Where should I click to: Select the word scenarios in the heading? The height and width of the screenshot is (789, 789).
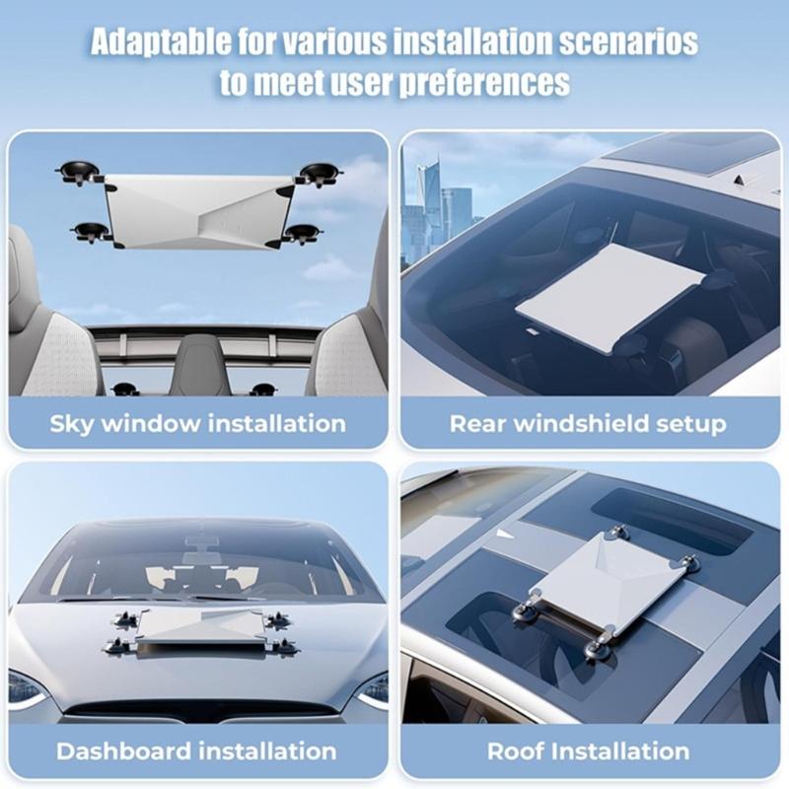[x=621, y=41]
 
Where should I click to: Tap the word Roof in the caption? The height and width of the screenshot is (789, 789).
[x=514, y=752]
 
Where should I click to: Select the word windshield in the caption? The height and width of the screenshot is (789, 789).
[x=586, y=424]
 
